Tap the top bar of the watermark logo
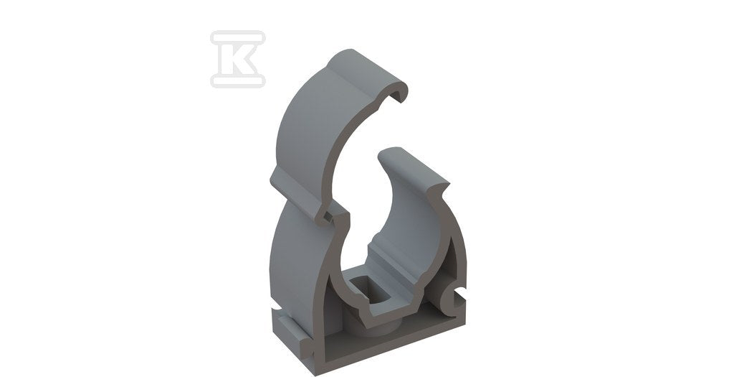coord(238,38)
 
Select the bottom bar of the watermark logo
coord(238,80)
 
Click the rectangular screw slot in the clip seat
coord(371,290)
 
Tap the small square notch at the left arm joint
coord(327,217)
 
